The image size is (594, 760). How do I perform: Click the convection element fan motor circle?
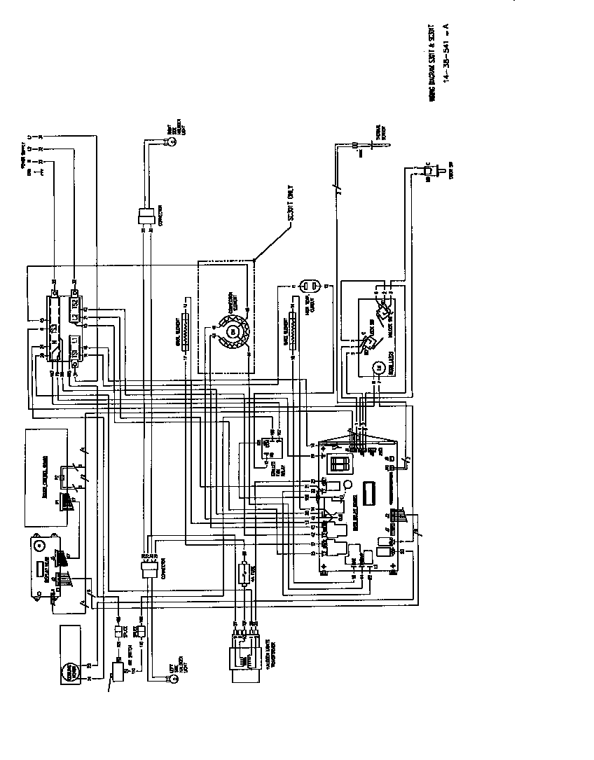coord(235,330)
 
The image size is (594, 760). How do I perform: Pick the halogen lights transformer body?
coord(239,659)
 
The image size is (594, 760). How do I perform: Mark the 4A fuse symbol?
coord(243,569)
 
